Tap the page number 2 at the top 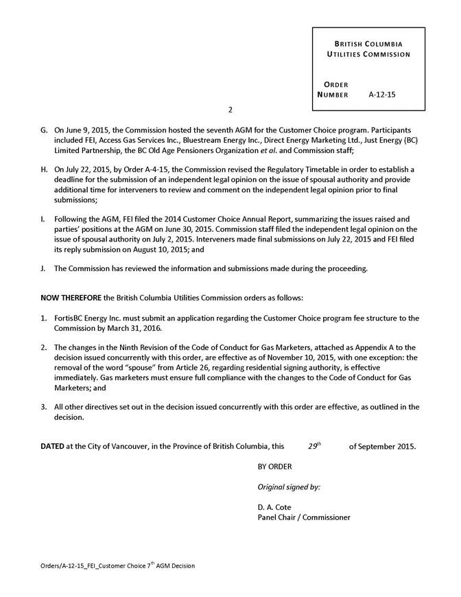click(x=230, y=110)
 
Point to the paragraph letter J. click(x=44, y=268)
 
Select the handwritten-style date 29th click(x=314, y=446)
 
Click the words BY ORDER click(x=274, y=467)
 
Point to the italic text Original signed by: click(x=289, y=487)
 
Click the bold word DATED click(x=53, y=447)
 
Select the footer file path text click(x=117, y=566)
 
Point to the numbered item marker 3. click(x=44, y=407)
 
